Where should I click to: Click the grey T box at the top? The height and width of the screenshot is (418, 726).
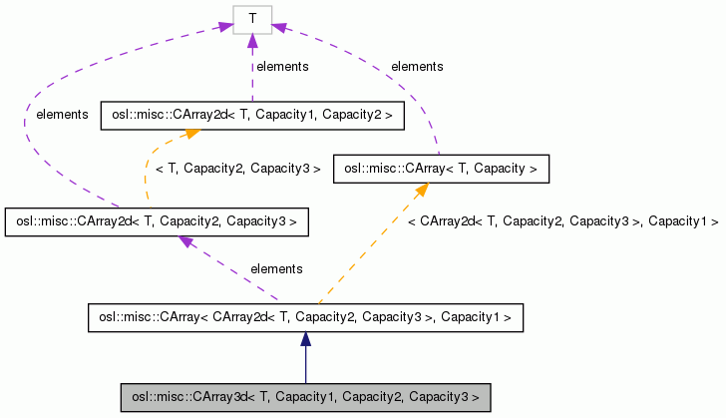[x=252, y=20]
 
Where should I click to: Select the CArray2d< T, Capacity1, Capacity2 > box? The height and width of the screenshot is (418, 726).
[x=252, y=117]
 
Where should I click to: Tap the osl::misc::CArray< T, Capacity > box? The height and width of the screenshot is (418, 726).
[x=441, y=170]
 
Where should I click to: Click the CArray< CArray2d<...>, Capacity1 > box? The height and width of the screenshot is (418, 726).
[x=305, y=318]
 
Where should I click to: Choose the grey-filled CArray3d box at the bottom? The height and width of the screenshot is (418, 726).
[x=305, y=397]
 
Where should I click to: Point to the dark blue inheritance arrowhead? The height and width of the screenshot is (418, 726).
[x=305, y=340]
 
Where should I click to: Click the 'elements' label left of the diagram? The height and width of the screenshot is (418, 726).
[x=62, y=115]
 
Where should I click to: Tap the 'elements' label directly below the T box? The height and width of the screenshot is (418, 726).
[x=282, y=67]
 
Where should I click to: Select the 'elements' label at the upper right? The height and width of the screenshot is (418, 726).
[x=417, y=67]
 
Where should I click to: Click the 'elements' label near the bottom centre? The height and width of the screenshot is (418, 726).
[x=276, y=269]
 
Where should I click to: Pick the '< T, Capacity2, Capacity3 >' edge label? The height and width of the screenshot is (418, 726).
[x=237, y=170]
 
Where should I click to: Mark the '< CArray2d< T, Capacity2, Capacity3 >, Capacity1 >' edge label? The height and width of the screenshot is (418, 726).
[x=562, y=221]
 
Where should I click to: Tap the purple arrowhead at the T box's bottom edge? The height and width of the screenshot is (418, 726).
[x=252, y=41]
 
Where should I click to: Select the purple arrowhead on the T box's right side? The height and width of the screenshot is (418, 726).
[x=278, y=30]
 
